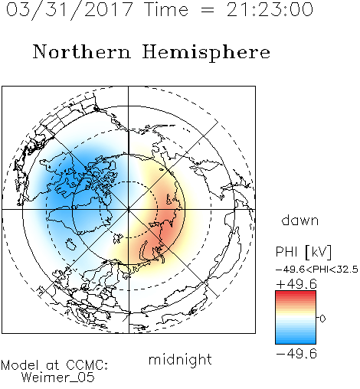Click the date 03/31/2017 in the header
pos(69,10)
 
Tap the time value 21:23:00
pos(270,10)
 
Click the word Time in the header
pos(166,10)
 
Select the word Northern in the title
pos(81,51)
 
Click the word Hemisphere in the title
pos(206,52)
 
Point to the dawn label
pos(300,220)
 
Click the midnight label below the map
pos(180,359)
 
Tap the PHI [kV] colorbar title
pos(303,252)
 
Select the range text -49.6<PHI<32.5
pos(317,270)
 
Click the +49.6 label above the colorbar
pos(296,284)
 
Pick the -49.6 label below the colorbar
pos(296,354)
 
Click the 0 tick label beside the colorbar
pos(322,319)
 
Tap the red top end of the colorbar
pos(296,293)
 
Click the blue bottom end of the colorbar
pos(296,342)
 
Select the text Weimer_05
pos(58,378)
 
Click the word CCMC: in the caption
pos(87,365)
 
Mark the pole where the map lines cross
pos(128,209)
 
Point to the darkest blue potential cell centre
pos(67,185)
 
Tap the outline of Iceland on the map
pos(70,244)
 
